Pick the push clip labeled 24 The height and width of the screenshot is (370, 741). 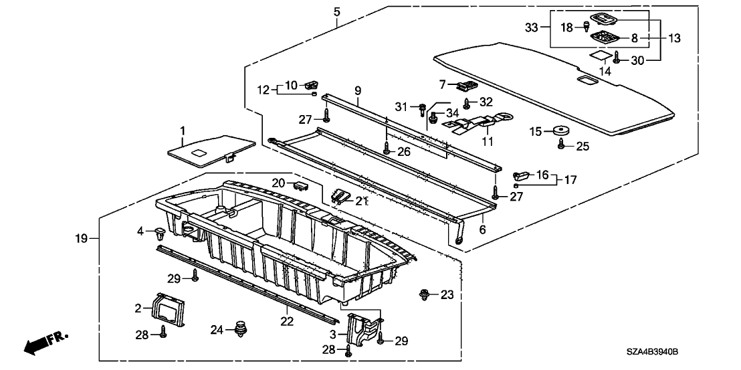[239, 329]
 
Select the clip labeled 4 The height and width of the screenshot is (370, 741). [161, 234]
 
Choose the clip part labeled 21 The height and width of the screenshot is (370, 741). [342, 196]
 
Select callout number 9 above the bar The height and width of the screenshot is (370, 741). [358, 90]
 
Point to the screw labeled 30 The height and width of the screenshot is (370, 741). [617, 60]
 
